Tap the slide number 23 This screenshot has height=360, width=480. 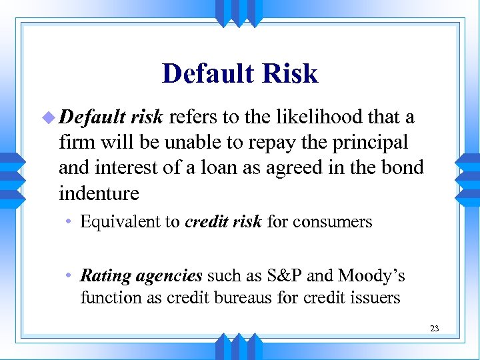coord(434,328)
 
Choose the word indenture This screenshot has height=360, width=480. coord(99,194)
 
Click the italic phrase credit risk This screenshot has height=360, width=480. coord(223,221)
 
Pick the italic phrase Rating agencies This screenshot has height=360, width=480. coord(141,276)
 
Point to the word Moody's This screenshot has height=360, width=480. coord(371,276)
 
